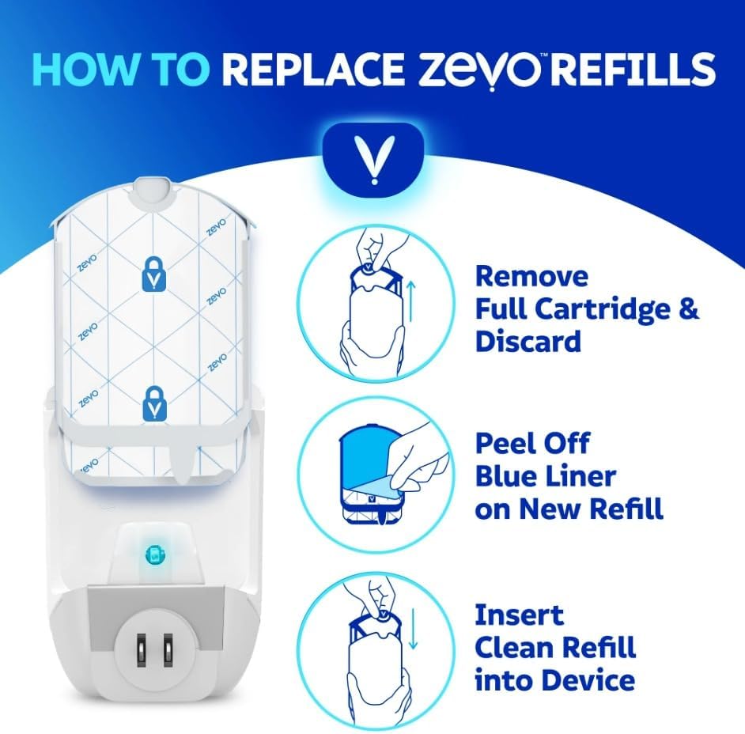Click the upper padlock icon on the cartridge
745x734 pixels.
coord(152,274)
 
